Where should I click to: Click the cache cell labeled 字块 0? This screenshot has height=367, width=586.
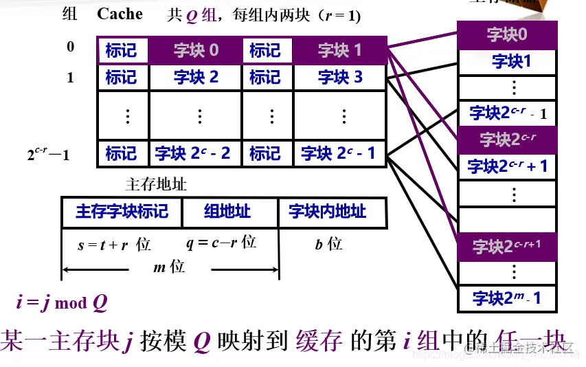click(x=196, y=50)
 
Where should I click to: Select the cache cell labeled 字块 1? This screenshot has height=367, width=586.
click(x=339, y=50)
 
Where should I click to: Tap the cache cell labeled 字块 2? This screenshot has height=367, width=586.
click(x=196, y=77)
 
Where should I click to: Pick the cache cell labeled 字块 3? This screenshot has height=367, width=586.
click(x=339, y=77)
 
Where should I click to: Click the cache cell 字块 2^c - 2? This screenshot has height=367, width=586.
click(x=196, y=153)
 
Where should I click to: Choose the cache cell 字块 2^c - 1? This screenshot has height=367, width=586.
click(x=339, y=153)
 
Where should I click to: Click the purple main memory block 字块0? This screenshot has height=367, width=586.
click(x=507, y=35)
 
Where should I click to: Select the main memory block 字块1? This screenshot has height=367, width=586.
click(x=507, y=62)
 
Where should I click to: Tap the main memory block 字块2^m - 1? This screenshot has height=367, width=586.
click(x=507, y=298)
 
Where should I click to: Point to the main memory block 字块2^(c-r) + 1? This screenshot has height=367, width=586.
click(x=507, y=166)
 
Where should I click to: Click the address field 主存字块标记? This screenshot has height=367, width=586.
click(x=122, y=211)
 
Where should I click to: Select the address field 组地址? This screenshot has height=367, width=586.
click(x=229, y=211)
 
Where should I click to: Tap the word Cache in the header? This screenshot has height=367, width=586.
click(x=120, y=14)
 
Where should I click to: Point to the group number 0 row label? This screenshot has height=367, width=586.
click(x=70, y=47)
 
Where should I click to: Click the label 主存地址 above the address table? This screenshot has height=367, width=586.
click(x=157, y=185)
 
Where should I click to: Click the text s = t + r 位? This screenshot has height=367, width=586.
click(x=114, y=245)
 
